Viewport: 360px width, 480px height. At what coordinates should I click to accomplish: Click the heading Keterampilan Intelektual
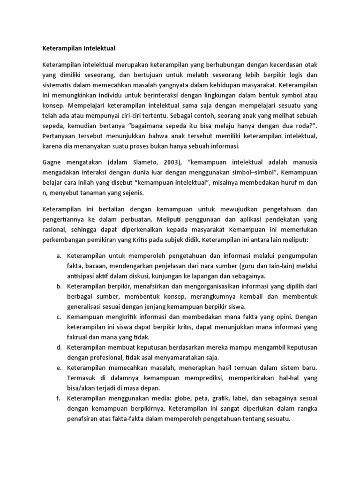click(x=79, y=48)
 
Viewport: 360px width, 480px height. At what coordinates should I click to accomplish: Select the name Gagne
click(x=53, y=162)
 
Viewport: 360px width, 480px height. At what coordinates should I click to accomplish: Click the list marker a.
click(x=59, y=255)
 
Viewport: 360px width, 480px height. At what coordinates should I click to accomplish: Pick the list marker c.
click(x=59, y=317)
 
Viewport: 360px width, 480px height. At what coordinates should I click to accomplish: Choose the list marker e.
click(x=59, y=368)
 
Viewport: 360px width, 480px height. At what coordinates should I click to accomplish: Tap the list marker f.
click(x=59, y=398)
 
